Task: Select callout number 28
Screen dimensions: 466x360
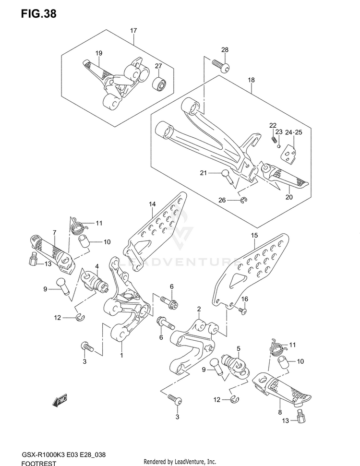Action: tap(225, 50)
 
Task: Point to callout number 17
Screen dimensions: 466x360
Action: tap(133, 31)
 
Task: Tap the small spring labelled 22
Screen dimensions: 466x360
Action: tap(275, 140)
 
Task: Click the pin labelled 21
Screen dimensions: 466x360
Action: tap(228, 176)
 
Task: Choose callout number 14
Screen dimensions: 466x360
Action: tap(152, 204)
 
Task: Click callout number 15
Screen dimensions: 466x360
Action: tap(254, 235)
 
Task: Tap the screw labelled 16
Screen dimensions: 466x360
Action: tap(243, 311)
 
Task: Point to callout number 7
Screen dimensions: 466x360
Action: tap(54, 233)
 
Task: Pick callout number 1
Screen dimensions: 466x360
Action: tap(121, 355)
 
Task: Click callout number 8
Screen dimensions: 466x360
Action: tap(279, 411)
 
